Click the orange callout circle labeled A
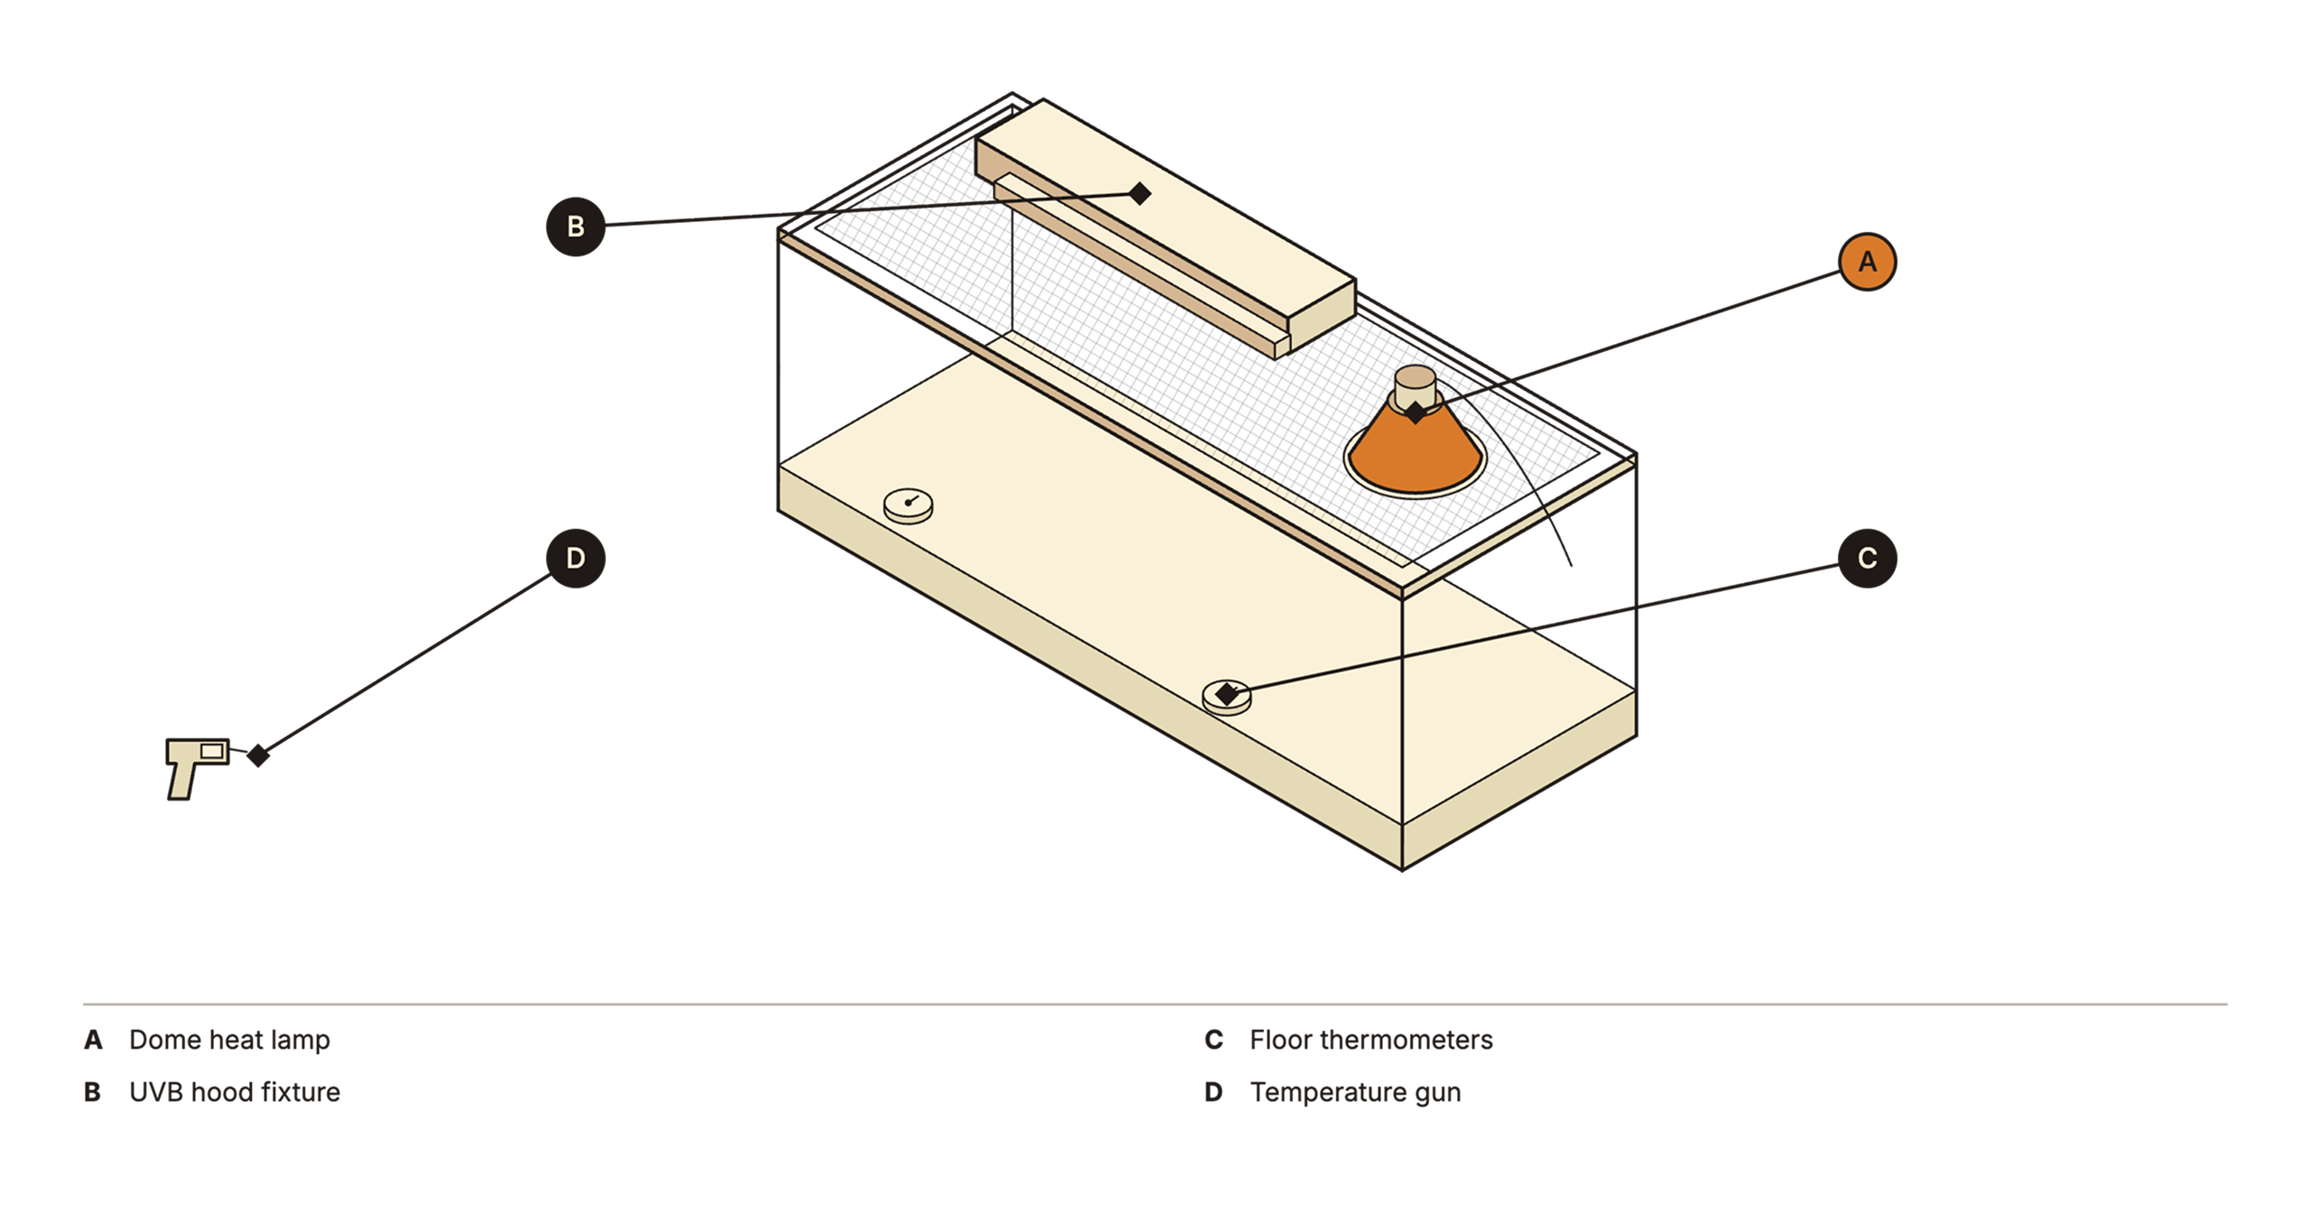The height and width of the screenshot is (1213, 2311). (x=1867, y=262)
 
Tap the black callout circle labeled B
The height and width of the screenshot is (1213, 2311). (x=575, y=227)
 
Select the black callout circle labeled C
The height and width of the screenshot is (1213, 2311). (x=1867, y=559)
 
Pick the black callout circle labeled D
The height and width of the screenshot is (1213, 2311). (x=575, y=559)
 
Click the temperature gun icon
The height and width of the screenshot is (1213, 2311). (x=197, y=768)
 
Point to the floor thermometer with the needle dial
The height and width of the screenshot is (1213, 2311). (x=908, y=505)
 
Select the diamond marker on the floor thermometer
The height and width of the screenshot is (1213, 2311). (x=1227, y=694)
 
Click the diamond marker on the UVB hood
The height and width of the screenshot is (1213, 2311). (x=1140, y=193)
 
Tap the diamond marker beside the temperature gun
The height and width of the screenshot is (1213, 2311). (x=258, y=755)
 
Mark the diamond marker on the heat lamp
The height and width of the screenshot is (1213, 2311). (x=1416, y=412)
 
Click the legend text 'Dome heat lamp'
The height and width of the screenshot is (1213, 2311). (x=229, y=1040)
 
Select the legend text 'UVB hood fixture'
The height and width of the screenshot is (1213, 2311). (x=235, y=1092)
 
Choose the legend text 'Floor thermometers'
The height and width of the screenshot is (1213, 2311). (x=1371, y=1040)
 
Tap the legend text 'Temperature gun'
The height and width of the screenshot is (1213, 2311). (x=1355, y=1092)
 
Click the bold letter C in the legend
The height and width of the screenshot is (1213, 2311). (x=1214, y=1040)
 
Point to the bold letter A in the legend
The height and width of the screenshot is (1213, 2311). (x=93, y=1040)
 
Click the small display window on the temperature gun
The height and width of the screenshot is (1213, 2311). (x=212, y=751)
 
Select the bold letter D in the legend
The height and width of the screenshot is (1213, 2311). (x=1214, y=1092)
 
